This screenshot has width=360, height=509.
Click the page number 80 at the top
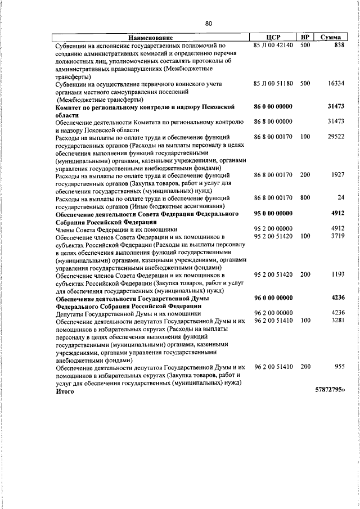click(208, 23)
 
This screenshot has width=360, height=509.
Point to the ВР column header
click(305, 37)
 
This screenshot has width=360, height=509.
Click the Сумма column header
click(330, 37)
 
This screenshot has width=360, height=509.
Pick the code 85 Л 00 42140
click(273, 44)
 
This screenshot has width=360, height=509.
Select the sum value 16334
click(336, 83)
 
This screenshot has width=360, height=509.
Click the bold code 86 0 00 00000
click(273, 106)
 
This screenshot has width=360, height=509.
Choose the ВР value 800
click(305, 198)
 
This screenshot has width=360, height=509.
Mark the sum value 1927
click(337, 175)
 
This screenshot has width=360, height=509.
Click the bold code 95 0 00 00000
click(273, 213)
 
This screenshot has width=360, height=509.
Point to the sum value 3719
click(337, 237)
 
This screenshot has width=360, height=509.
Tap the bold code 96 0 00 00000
click(273, 298)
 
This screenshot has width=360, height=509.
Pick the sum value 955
click(339, 367)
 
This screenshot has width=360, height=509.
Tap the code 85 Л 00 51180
click(273, 83)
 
